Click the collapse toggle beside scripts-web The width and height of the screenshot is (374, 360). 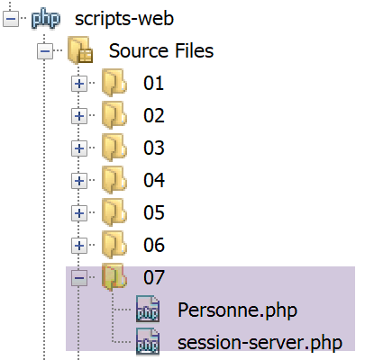point(11,19)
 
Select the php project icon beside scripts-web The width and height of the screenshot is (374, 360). point(46,19)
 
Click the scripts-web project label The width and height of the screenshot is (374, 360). point(124,19)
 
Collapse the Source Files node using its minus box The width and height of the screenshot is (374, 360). point(45,51)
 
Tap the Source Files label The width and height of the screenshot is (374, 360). point(161,50)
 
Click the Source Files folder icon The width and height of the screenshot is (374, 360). point(80,49)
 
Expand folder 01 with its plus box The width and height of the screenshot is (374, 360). point(79,84)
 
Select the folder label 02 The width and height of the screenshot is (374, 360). point(154,115)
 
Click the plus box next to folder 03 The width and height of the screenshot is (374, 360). point(79,148)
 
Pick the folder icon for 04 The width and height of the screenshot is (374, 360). point(114,180)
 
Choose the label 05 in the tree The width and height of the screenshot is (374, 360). point(154,212)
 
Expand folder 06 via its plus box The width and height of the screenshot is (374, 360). point(79,246)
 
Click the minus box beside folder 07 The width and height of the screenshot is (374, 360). point(79,278)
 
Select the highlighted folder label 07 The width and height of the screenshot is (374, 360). point(154,277)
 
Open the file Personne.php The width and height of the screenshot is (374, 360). point(237,310)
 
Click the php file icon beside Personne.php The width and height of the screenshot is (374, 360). point(148,309)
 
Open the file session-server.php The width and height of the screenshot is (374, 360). point(260,343)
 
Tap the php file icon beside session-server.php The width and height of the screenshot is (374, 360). point(148,341)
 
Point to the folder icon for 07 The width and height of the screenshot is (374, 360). point(114,277)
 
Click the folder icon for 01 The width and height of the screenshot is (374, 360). point(114,83)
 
